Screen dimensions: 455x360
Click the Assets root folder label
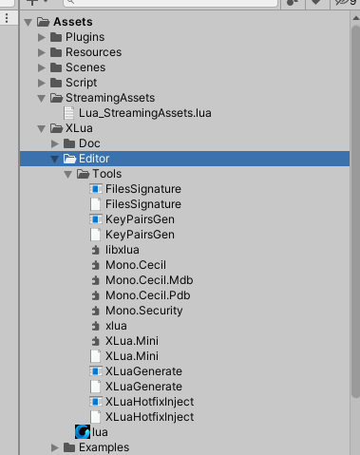click(x=73, y=22)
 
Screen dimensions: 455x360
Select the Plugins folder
click(x=85, y=37)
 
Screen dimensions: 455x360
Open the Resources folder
click(x=93, y=52)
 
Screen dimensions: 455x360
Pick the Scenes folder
click(x=85, y=67)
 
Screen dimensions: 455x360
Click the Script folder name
click(x=81, y=83)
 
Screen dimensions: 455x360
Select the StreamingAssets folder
click(x=109, y=98)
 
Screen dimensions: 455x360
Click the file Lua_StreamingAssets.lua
click(x=138, y=113)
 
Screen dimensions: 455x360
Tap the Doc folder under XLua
click(x=89, y=143)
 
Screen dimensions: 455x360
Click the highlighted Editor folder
click(x=95, y=159)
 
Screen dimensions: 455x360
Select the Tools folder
click(x=106, y=174)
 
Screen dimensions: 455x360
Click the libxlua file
click(x=123, y=250)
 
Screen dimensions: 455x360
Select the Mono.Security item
click(x=144, y=311)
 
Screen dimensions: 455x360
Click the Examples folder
click(x=104, y=447)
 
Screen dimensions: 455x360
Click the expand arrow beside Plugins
click(x=41, y=37)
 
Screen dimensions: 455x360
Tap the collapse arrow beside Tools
click(x=68, y=174)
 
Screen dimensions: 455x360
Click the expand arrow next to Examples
click(x=55, y=447)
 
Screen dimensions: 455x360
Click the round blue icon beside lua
click(x=82, y=432)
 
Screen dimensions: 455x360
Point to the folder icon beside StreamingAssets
click(x=56, y=98)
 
